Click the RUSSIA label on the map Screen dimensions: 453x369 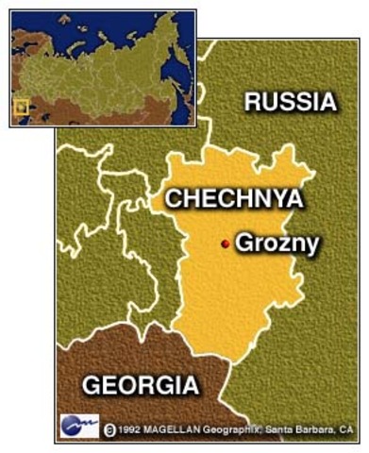click(x=290, y=102)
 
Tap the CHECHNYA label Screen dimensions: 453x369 click(x=234, y=199)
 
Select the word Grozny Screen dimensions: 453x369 click(x=277, y=243)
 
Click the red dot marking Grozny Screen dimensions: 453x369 click(x=225, y=244)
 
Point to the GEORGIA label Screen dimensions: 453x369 click(x=141, y=385)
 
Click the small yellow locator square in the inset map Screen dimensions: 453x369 click(x=21, y=107)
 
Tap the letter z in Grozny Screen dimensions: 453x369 click(x=279, y=244)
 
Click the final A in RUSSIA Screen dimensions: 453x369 click(x=326, y=102)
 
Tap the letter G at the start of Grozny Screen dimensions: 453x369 click(x=244, y=243)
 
